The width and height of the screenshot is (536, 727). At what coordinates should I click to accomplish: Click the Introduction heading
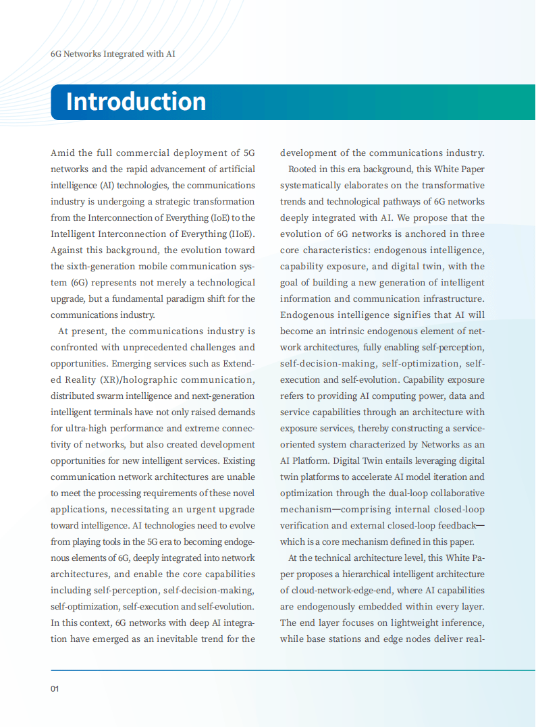pyautogui.click(x=136, y=101)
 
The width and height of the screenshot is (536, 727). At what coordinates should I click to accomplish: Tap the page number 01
pyautogui.click(x=55, y=689)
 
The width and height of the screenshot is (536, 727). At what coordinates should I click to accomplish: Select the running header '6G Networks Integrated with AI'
pyautogui.click(x=113, y=53)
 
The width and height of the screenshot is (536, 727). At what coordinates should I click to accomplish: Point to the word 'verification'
pyautogui.click(x=305, y=526)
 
